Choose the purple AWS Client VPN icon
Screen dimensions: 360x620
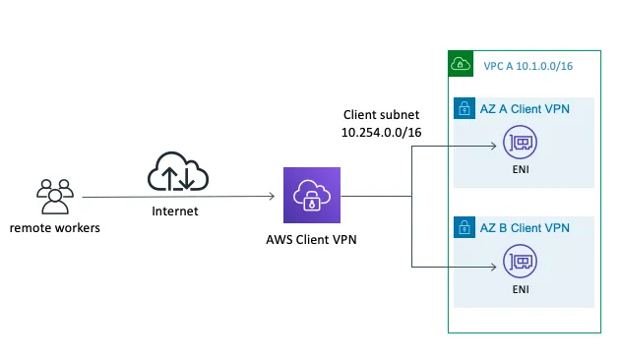click(311, 196)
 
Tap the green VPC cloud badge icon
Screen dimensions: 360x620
click(461, 64)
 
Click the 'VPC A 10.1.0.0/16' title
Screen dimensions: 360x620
click(527, 65)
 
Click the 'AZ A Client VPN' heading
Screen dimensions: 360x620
click(526, 109)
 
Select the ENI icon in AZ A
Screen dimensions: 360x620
click(520, 146)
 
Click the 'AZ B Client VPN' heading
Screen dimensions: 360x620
click(526, 228)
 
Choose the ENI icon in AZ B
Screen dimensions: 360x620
click(520, 264)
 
